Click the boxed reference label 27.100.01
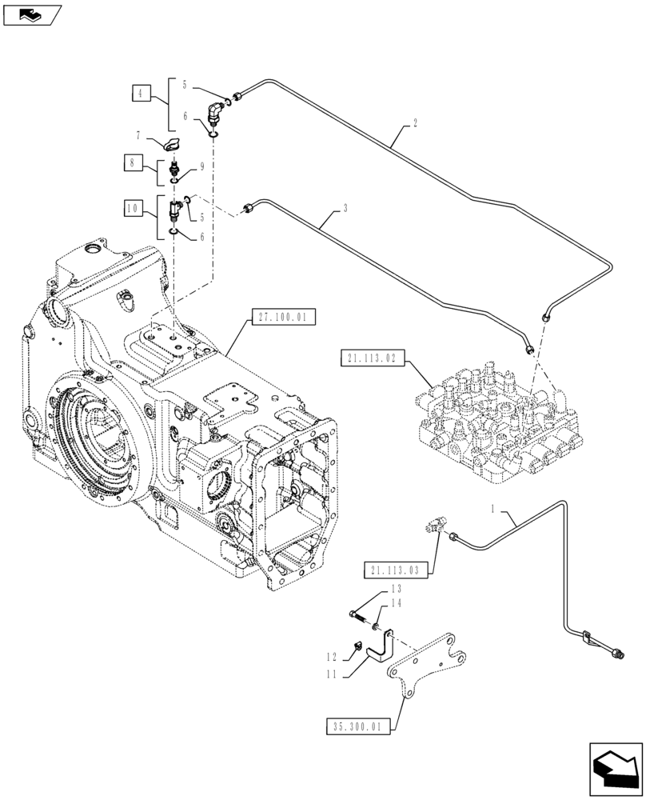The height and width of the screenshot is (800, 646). point(282,318)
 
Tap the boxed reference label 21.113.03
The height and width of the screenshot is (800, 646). point(396,570)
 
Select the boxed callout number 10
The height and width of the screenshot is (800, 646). point(133,210)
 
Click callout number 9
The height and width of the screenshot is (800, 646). point(202,166)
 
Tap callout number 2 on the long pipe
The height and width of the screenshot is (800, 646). point(414,124)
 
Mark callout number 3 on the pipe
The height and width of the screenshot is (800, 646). point(345,209)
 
